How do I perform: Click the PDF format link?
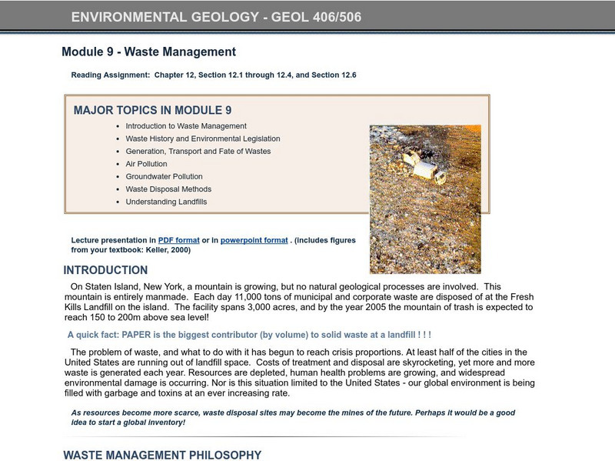(x=178, y=240)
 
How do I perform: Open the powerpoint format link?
(x=254, y=240)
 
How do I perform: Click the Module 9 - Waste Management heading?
(x=148, y=52)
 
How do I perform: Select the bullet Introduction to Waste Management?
(x=186, y=125)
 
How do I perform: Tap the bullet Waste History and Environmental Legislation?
(x=203, y=139)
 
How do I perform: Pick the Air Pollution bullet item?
(x=146, y=164)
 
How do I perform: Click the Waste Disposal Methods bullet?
(x=168, y=189)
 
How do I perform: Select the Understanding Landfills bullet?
(x=166, y=202)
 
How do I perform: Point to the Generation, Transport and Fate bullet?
(x=198, y=151)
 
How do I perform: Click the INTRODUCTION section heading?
(x=105, y=270)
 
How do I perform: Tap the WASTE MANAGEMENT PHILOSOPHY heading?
(x=162, y=455)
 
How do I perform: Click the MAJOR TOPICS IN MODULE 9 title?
(x=152, y=110)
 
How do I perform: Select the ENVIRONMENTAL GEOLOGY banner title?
(x=216, y=17)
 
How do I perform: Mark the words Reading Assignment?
(x=110, y=75)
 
